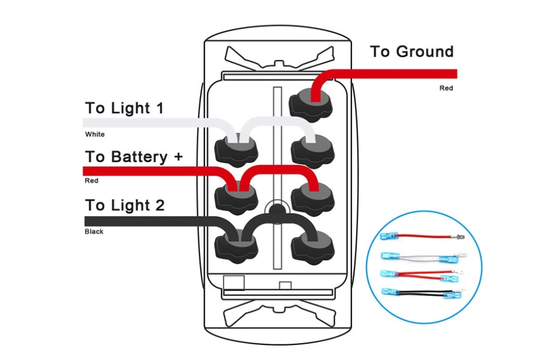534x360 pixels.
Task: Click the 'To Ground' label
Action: click(411, 52)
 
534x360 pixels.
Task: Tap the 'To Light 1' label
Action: click(124, 108)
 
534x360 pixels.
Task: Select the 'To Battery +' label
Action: click(134, 157)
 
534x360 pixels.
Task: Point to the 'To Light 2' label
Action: click(125, 205)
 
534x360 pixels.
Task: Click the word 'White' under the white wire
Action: click(95, 134)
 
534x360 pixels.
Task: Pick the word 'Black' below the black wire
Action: click(94, 231)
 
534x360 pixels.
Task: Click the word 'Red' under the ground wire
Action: click(446, 88)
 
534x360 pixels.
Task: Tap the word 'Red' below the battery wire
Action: click(91, 180)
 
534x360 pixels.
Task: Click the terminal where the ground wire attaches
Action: click(311, 104)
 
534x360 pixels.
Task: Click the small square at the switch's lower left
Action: click(234, 283)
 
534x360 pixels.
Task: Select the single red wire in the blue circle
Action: click(422, 236)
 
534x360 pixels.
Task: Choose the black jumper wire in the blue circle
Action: click(422, 293)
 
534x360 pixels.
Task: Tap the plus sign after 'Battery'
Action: click(178, 156)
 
